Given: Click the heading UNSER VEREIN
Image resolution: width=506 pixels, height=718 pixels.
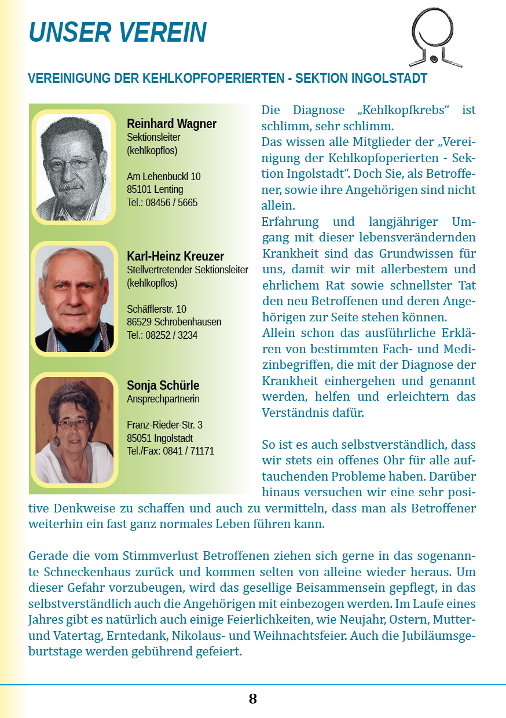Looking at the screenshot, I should pos(118,32).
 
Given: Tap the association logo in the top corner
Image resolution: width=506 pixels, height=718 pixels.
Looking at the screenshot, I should pos(435,38).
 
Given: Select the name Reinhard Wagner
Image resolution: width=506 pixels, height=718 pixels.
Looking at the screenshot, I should pos(171,124).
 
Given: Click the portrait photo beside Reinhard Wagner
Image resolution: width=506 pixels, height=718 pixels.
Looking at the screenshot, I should pos(74,167).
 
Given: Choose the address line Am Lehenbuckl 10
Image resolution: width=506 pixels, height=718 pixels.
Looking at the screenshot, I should pos(164,177).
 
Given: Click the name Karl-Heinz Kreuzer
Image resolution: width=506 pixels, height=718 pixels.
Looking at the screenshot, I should pos(175,257).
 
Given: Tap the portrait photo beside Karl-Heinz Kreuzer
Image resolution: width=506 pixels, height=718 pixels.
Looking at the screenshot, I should pos(74,298).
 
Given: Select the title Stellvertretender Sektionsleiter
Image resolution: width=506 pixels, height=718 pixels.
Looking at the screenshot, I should pos(188,270).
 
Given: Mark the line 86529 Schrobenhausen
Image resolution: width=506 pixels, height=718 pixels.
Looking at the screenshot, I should pos(174,322).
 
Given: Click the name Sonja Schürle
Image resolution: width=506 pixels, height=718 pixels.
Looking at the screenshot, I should pos(163,386).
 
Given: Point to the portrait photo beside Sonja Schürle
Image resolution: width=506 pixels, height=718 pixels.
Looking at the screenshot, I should pos(74,430).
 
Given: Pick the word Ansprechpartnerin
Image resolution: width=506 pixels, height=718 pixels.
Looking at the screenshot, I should pos(163,399).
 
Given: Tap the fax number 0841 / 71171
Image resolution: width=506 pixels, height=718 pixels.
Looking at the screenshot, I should pos(193,451).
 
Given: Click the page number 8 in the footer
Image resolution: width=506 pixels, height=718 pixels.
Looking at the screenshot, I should pos(253,699).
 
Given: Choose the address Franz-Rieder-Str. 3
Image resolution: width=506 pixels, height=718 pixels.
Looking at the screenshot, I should pos(164,425).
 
